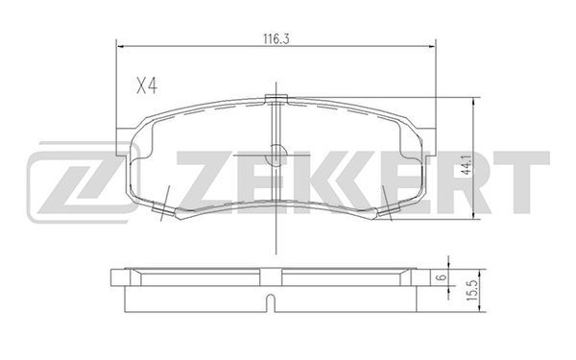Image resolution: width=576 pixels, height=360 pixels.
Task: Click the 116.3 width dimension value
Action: point(276,39)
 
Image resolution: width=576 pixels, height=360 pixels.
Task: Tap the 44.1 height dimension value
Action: point(467,164)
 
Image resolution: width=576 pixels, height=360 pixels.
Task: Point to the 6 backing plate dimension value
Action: point(443,277)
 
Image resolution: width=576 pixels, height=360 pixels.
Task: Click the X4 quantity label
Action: point(147,86)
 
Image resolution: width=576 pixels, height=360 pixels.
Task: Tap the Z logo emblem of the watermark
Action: point(83,182)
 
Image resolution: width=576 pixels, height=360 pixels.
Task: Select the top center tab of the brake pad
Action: point(276,99)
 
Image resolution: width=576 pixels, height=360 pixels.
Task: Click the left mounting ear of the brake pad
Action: point(124,142)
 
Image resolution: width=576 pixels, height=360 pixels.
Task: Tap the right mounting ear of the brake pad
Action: point(427,142)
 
